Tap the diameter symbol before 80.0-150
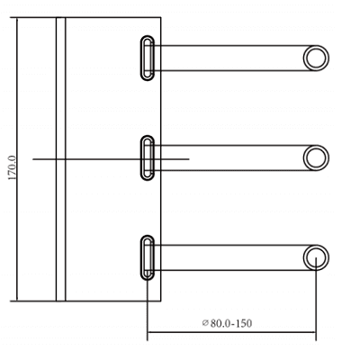[x=205, y=322]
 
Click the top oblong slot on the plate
[x=148, y=58]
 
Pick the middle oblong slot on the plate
[x=148, y=158]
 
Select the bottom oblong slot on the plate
[x=148, y=257]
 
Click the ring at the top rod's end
[x=316, y=58]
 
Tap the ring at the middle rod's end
[x=316, y=158]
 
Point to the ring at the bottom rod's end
[x=316, y=257]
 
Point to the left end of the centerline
[x=35, y=159]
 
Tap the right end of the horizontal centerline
[x=188, y=159]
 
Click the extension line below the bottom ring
[x=316, y=306]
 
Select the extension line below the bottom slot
[x=148, y=310]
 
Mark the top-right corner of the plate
[x=160, y=17]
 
